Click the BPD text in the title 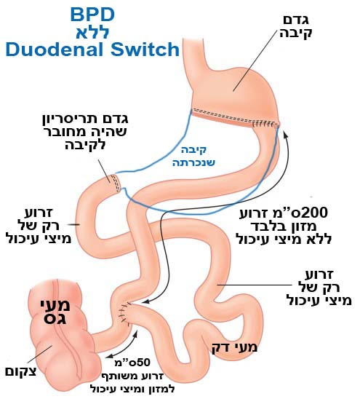pyautogui.click(x=92, y=15)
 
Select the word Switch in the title pyautogui.click(x=145, y=49)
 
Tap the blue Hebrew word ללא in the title pyautogui.click(x=92, y=32)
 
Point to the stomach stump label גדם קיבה pyautogui.click(x=296, y=26)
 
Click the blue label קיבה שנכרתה pyautogui.click(x=193, y=157)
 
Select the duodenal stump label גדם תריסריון pyautogui.click(x=85, y=119)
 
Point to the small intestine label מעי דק pyautogui.click(x=234, y=347)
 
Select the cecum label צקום pyautogui.click(x=21, y=371)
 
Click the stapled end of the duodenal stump pyautogui.click(x=116, y=183)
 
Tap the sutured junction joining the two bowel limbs pyautogui.click(x=126, y=315)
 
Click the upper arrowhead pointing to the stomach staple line pyautogui.click(x=286, y=135)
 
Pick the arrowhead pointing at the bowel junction pyautogui.click(x=145, y=301)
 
